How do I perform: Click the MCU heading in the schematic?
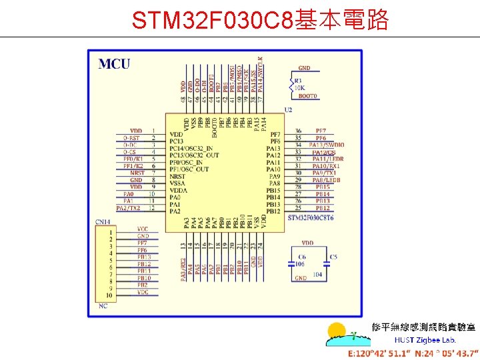115,64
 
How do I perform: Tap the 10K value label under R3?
299,88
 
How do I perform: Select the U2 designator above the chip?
288,109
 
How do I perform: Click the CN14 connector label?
103,221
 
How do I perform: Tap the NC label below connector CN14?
103,306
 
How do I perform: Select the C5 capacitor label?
333,257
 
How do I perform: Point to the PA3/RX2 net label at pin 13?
183,267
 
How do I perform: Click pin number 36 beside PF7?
298,131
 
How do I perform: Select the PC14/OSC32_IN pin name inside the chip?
191,148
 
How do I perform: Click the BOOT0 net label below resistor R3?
308,97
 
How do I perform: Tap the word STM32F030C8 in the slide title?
212,21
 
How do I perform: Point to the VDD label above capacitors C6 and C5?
307,243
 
